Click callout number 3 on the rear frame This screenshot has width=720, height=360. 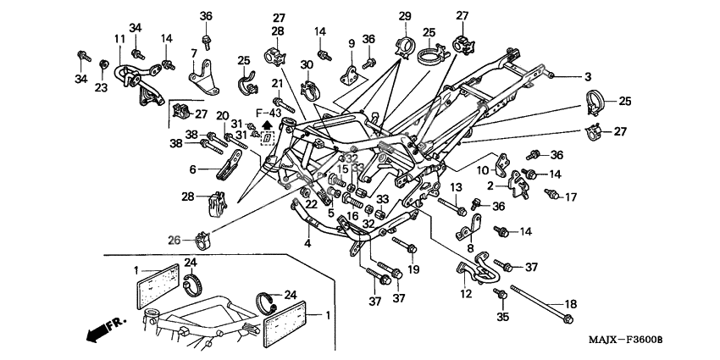(564, 76)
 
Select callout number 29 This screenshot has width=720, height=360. (404, 16)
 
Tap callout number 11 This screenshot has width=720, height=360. (119, 38)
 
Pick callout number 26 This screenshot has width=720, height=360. (174, 240)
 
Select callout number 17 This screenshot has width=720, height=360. (572, 197)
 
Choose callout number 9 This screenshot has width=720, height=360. (350, 43)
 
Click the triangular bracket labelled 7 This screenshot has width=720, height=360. (202, 81)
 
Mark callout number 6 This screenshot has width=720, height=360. (192, 169)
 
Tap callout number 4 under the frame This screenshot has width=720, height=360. (307, 244)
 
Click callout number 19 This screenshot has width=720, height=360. (413, 269)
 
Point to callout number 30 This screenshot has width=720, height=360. (307, 64)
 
